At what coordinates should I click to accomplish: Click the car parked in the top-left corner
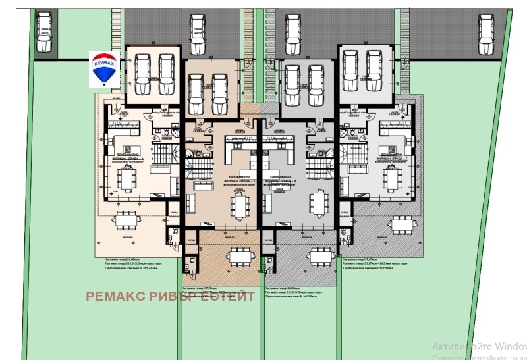tap(44, 33)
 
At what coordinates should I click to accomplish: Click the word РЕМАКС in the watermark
tap(116, 296)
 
